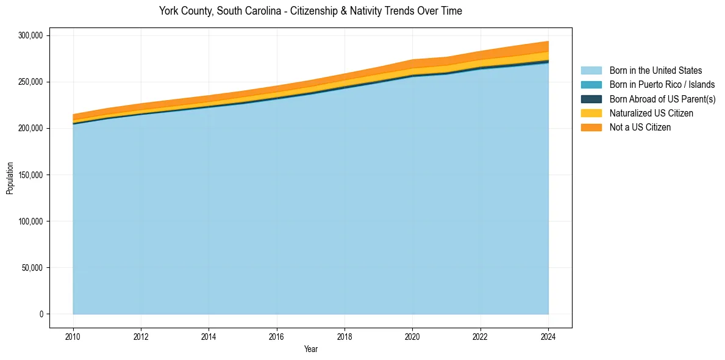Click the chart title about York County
click(310, 11)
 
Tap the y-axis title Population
click(10, 178)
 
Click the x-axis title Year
click(310, 350)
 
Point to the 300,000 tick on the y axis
click(30, 35)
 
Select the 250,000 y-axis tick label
click(30, 82)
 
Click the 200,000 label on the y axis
click(30, 128)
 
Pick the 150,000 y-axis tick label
click(30, 175)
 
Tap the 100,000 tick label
click(30, 221)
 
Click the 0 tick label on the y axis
click(41, 314)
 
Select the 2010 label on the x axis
click(73, 336)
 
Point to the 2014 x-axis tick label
click(209, 336)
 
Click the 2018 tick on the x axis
click(345, 336)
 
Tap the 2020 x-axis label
click(413, 336)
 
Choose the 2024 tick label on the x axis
click(548, 336)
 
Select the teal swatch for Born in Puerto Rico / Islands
click(591, 85)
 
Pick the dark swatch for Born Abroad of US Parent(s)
click(591, 99)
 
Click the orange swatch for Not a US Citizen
click(591, 128)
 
